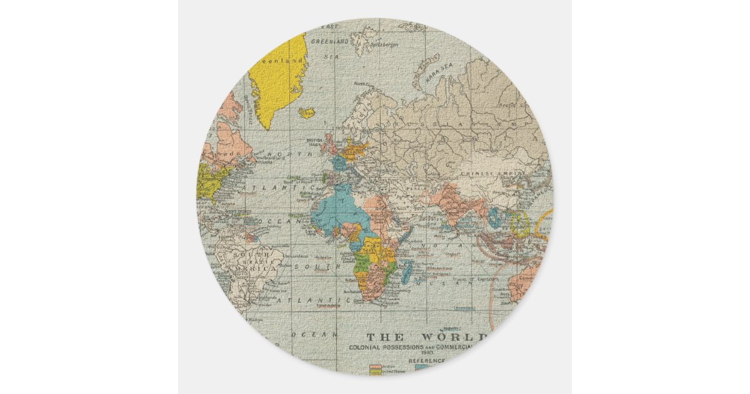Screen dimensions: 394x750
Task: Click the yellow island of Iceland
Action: click(x=307, y=113)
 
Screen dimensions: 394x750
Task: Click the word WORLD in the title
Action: click(x=460, y=336)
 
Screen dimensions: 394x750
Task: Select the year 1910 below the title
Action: click(x=434, y=352)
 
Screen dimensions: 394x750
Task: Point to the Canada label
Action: click(x=224, y=153)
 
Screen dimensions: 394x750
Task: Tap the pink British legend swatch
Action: click(x=376, y=366)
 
